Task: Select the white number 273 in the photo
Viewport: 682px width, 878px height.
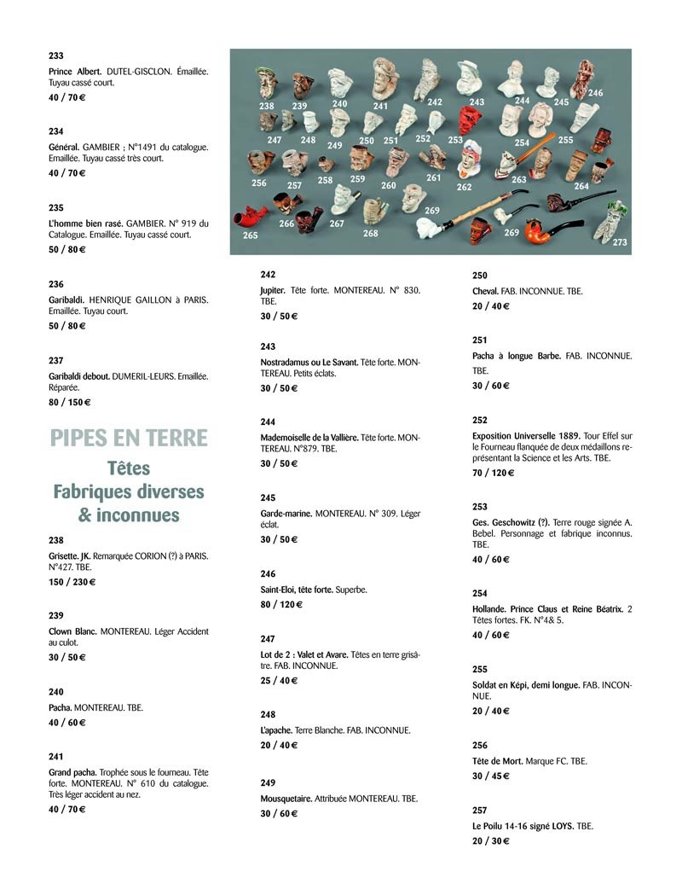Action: (x=619, y=242)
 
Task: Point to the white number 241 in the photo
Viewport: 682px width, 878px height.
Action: (x=380, y=108)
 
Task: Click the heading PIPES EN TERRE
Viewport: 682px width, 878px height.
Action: (x=129, y=438)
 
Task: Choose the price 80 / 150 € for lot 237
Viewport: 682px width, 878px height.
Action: (x=69, y=402)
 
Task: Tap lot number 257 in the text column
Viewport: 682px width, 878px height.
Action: (x=480, y=811)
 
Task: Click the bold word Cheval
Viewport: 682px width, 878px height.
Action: (x=486, y=291)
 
